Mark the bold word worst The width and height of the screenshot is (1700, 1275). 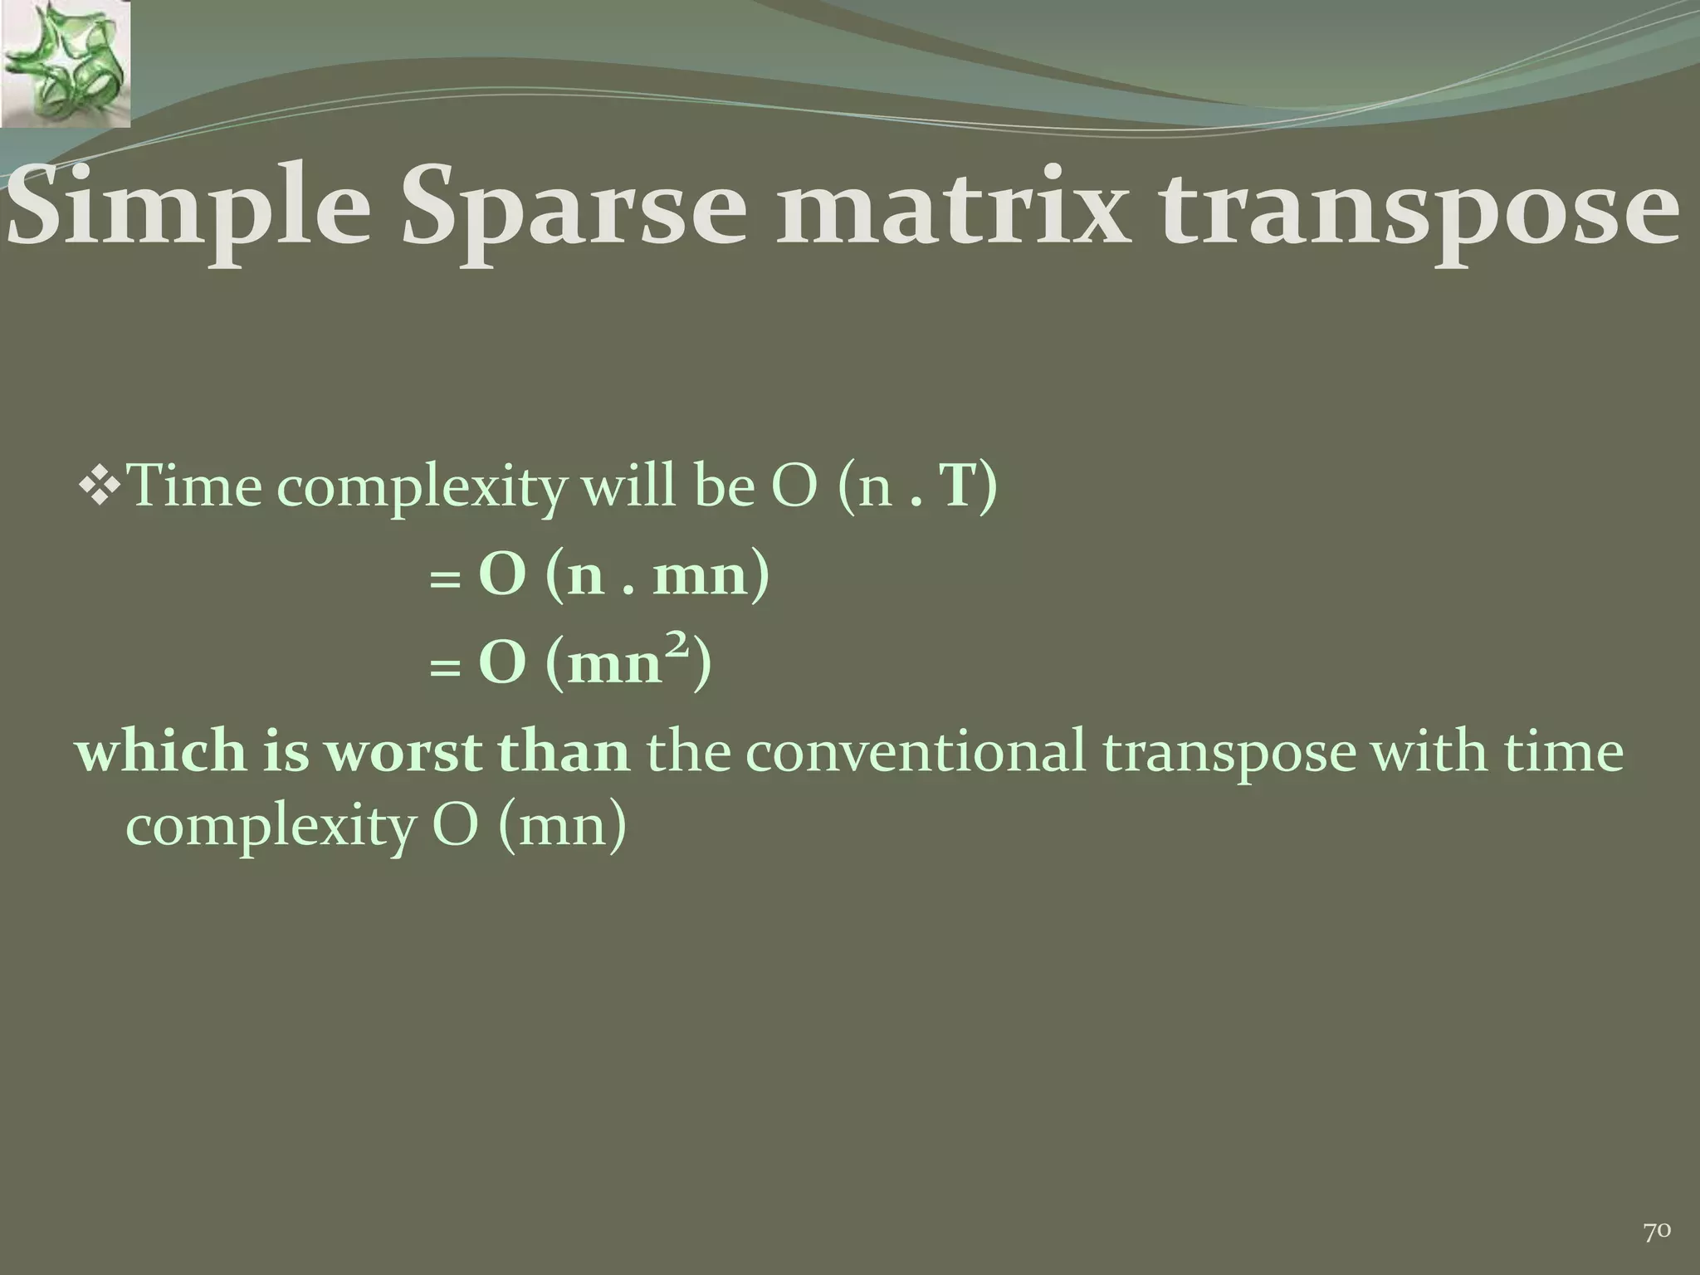(402, 752)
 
